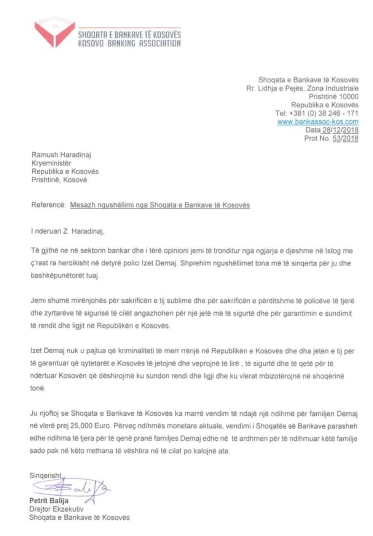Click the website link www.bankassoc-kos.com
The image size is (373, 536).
coord(317,122)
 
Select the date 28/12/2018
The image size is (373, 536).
coord(340,130)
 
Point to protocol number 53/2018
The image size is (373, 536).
coord(345,139)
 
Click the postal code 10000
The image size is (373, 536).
coord(349,97)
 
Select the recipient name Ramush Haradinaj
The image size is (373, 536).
coord(61,155)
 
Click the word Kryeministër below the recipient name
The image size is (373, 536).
coord(51,163)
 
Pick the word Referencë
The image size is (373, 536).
coord(48,205)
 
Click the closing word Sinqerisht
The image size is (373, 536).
coord(46,475)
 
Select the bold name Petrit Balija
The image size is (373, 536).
coord(49,501)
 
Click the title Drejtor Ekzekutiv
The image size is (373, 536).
coord(56,509)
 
